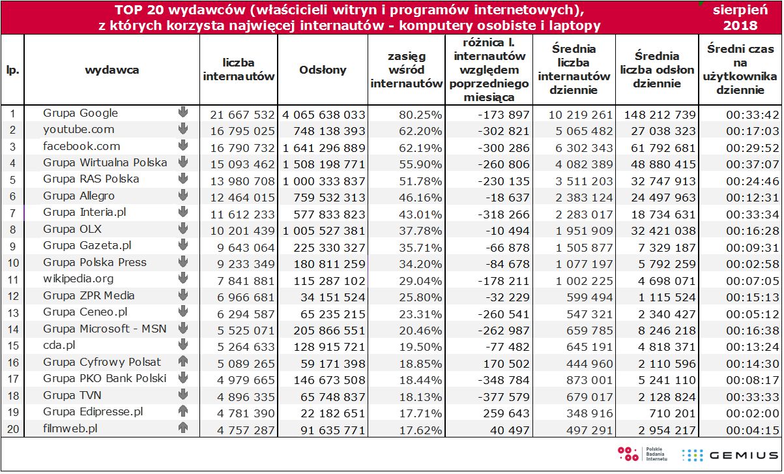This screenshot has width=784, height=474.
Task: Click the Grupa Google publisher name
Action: coord(80,113)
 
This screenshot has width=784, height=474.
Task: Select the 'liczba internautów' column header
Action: coord(239,70)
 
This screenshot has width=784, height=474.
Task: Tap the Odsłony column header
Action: coord(323,70)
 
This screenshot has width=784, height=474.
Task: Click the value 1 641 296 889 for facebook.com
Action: coord(324,147)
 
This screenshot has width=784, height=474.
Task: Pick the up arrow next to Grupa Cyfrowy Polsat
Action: coord(183,362)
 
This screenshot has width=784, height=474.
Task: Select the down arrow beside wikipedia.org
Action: coord(183,279)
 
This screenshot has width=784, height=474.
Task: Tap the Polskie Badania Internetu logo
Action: coord(643,455)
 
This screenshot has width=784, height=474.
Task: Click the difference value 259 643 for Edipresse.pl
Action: coord(506,412)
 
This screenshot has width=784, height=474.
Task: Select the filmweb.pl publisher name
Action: coord(70,428)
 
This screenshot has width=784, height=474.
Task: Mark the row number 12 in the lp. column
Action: coord(12,296)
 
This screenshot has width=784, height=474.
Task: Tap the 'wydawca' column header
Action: coord(111,70)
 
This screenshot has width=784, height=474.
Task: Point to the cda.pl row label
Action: coord(59,346)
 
